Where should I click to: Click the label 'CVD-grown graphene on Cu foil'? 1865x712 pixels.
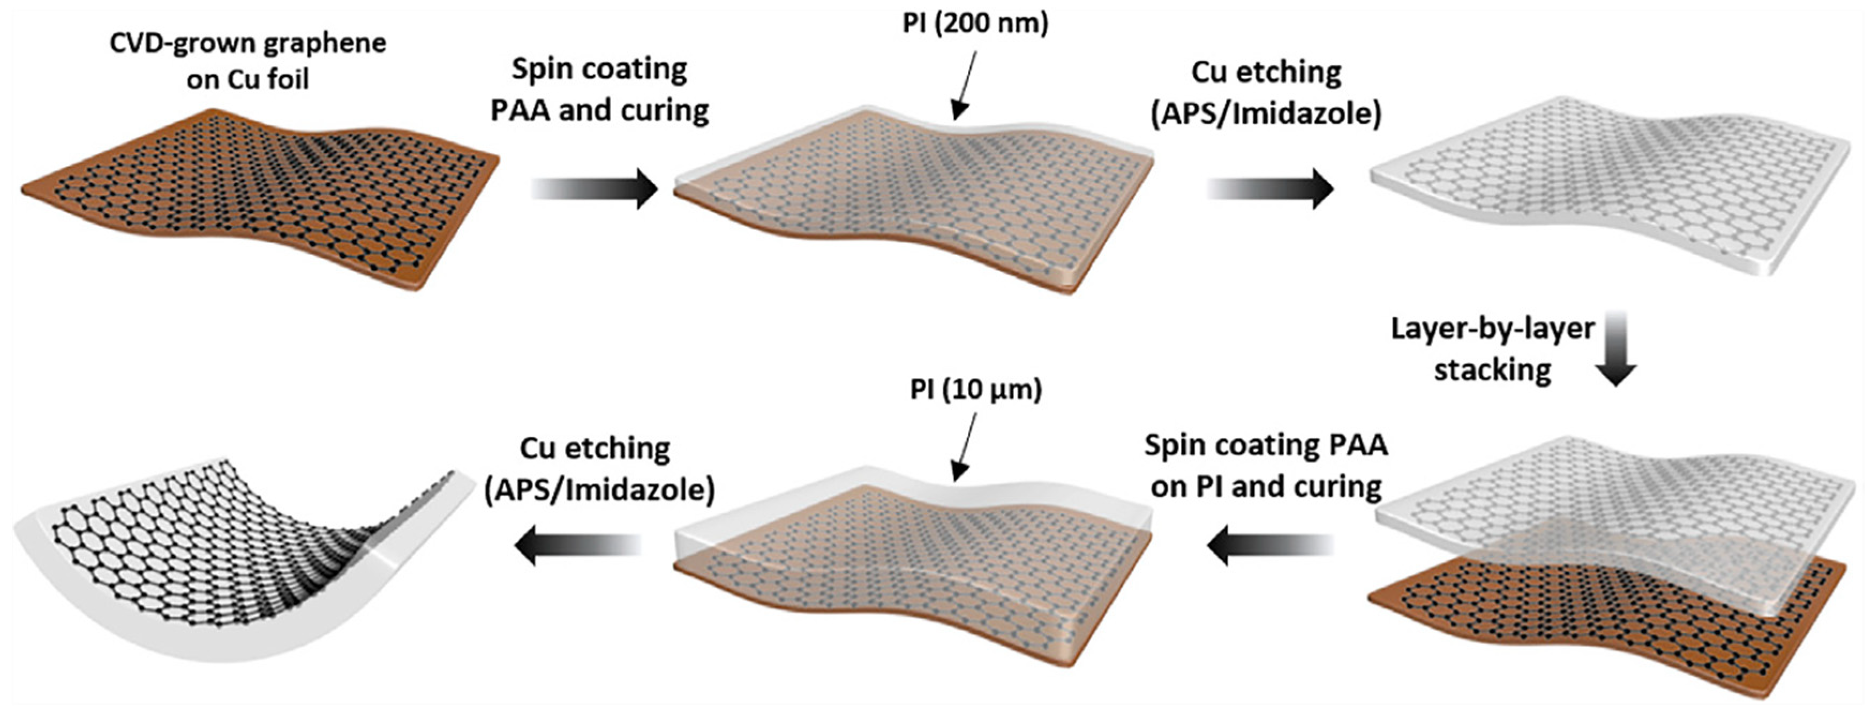tap(247, 61)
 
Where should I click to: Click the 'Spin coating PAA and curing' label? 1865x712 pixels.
tap(599, 90)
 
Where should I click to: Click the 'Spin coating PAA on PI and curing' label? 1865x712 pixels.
tap(1266, 465)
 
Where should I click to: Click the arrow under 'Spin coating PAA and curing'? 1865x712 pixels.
tap(595, 189)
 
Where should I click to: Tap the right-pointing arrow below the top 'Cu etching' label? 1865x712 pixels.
tap(1270, 189)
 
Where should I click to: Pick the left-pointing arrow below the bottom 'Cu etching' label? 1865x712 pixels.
tap(578, 544)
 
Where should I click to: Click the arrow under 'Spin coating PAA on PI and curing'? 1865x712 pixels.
tap(1270, 544)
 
